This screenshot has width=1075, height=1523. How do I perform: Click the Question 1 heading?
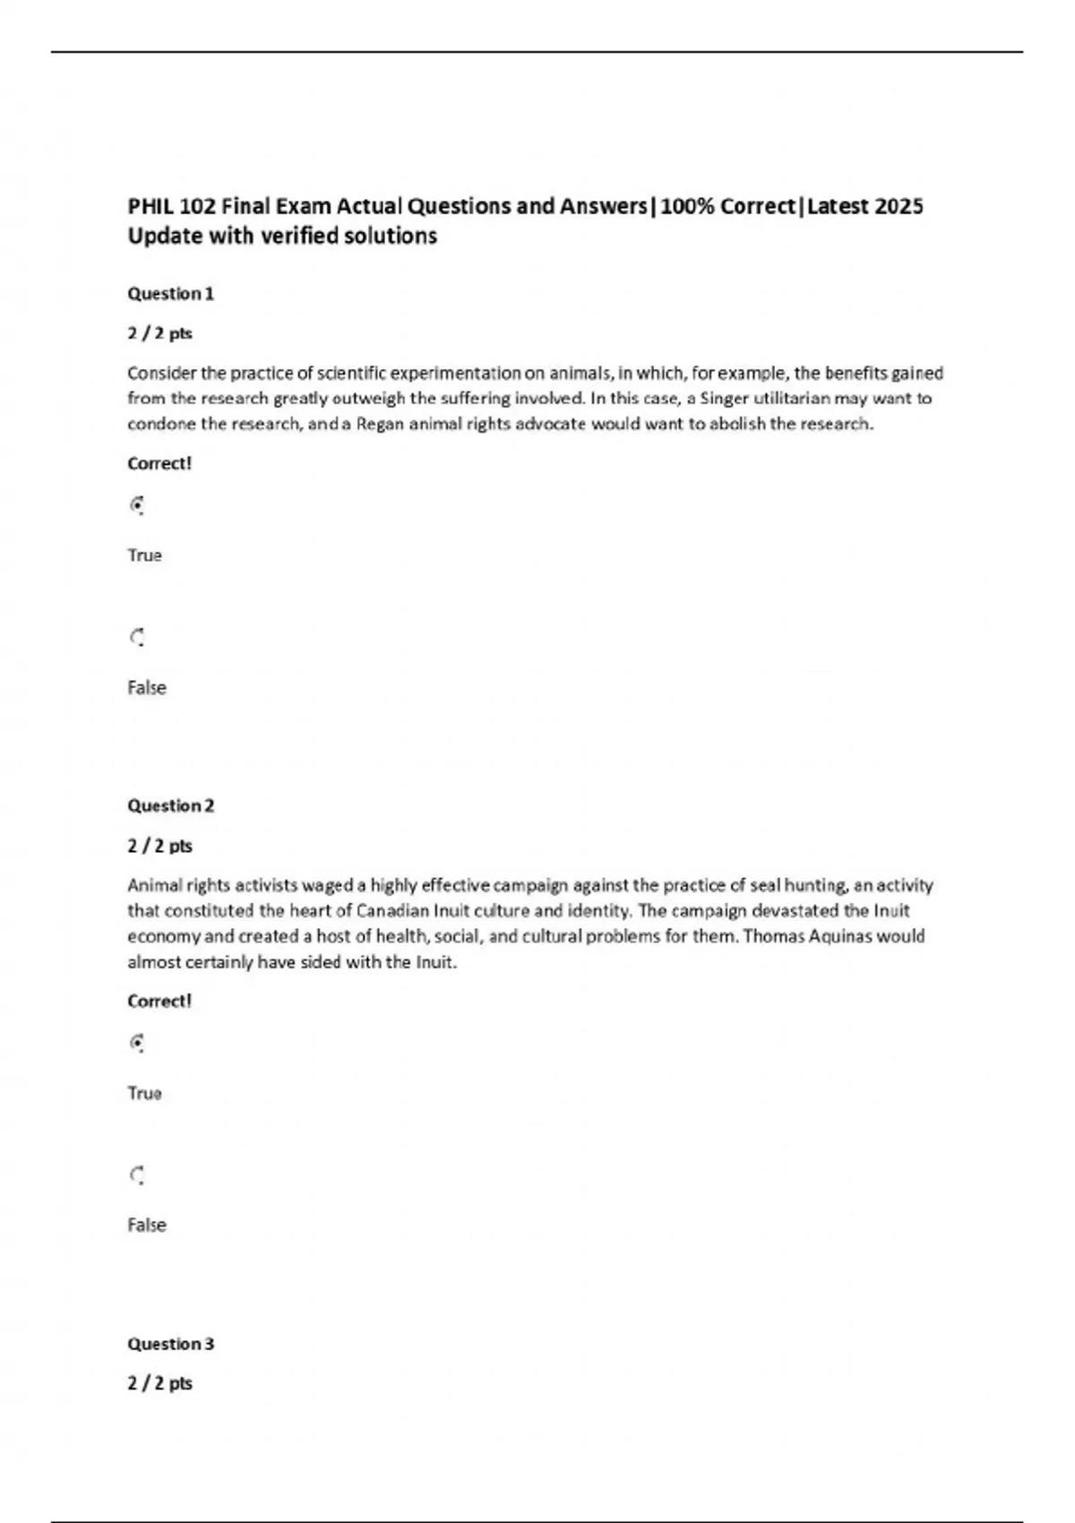click(x=170, y=294)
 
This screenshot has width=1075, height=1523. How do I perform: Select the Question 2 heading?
click(x=170, y=805)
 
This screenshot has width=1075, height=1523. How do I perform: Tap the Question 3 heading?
click(x=170, y=1344)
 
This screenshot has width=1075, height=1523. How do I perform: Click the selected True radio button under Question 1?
click(x=137, y=505)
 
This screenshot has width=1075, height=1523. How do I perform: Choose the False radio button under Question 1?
click(x=137, y=638)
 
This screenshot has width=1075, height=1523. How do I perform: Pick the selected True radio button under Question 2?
click(x=137, y=1043)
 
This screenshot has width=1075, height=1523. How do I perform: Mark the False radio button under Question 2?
click(x=137, y=1175)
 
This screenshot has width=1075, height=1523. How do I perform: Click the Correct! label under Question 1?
click(x=159, y=463)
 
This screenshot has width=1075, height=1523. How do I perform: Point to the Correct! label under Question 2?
click(x=159, y=1001)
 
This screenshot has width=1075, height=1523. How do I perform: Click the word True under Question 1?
click(x=144, y=555)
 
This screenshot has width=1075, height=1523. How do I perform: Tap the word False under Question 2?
click(x=146, y=1225)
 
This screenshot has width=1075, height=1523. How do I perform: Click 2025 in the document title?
click(x=899, y=206)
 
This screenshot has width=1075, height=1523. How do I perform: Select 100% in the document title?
click(x=687, y=206)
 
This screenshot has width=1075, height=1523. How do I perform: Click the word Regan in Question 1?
click(x=380, y=424)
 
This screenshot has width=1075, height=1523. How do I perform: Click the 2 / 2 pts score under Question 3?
click(x=159, y=1383)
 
